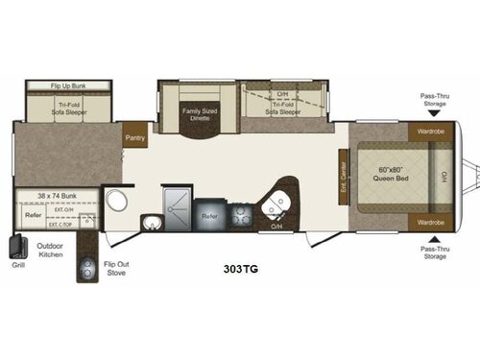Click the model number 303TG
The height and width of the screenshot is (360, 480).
239,257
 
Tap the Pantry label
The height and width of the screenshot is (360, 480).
132,138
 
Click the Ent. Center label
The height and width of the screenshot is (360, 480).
343,175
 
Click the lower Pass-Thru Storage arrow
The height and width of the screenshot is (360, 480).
431,238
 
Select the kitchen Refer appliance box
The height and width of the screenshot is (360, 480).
209,216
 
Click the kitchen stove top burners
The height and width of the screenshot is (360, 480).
240,217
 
